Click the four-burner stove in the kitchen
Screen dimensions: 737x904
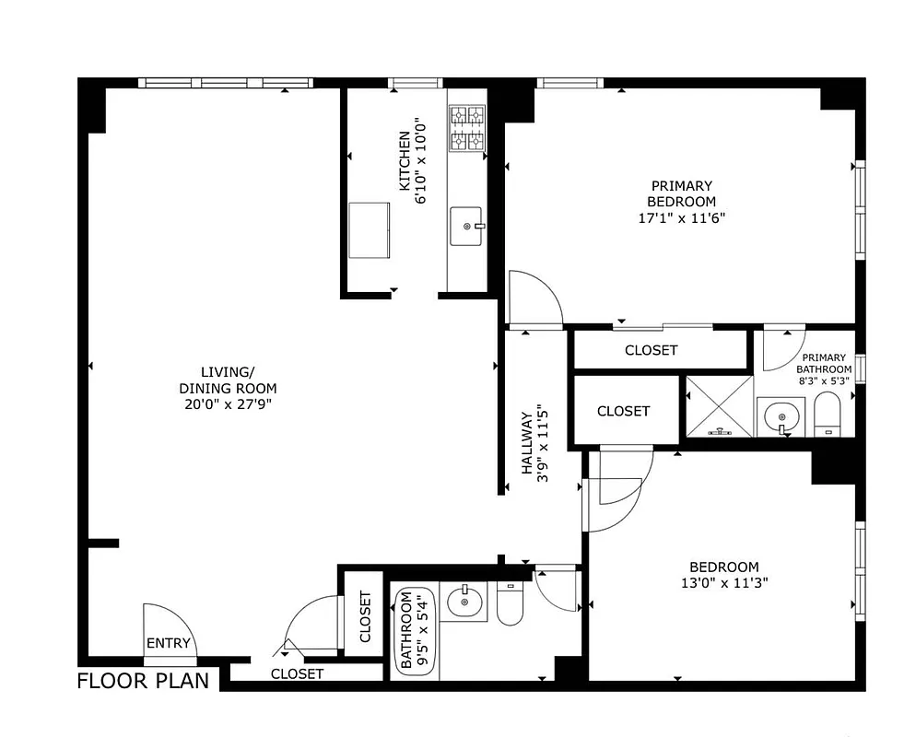click(x=466, y=128)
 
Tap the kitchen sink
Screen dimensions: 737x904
click(x=467, y=226)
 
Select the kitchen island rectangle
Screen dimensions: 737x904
click(x=369, y=229)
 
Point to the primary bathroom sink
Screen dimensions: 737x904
click(x=781, y=416)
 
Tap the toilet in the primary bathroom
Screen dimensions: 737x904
click(x=828, y=415)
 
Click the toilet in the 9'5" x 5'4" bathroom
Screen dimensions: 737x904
click(x=510, y=603)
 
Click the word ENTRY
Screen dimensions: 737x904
click(x=169, y=643)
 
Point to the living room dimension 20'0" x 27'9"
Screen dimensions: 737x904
click(x=228, y=404)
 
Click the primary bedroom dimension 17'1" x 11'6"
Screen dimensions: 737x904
click(x=681, y=218)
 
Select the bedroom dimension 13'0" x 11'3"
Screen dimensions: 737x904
click(x=723, y=582)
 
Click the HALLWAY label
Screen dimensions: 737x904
click(x=528, y=443)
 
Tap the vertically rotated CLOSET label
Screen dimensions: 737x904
click(x=365, y=616)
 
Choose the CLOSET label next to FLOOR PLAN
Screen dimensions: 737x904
click(x=297, y=674)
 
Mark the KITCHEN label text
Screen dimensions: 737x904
click(x=404, y=161)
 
